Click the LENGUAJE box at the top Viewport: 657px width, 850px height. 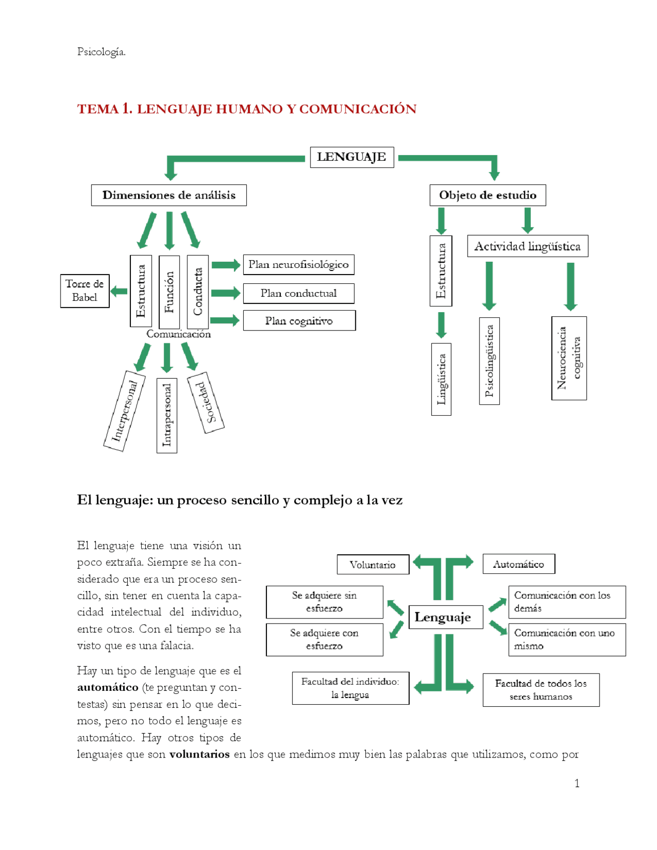(x=352, y=157)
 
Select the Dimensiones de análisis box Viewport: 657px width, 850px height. (x=169, y=196)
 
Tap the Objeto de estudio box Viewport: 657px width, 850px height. (x=487, y=196)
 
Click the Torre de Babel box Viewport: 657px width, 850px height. (x=85, y=291)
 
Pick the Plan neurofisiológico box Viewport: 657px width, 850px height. (x=298, y=265)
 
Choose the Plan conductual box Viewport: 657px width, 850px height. (x=298, y=294)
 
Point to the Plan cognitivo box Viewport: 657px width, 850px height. (x=299, y=321)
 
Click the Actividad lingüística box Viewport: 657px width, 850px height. (x=527, y=246)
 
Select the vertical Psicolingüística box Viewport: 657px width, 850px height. (x=489, y=361)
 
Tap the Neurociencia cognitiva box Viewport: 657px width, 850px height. (x=569, y=358)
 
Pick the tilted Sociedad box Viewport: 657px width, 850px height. (x=205, y=403)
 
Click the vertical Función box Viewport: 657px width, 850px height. (x=169, y=292)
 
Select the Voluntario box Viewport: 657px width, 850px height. (x=373, y=565)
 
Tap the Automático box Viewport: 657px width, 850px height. (x=518, y=564)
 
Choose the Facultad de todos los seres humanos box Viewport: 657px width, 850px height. (x=540, y=690)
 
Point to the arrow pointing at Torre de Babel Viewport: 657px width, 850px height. (x=119, y=292)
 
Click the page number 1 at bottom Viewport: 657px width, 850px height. (x=577, y=783)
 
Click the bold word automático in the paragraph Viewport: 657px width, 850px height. (x=108, y=687)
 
